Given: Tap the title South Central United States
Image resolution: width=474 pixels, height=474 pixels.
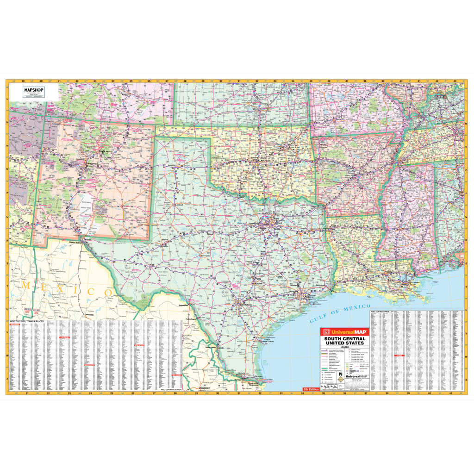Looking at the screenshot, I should pos(344,341).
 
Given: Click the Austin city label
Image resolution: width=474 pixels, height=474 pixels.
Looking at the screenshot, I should pos(258,283).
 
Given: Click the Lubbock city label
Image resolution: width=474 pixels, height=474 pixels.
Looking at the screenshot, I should pos(180,204).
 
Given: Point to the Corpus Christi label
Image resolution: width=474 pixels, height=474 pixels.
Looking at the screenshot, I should pos(268,341).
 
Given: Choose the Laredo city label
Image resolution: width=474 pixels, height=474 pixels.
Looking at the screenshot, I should pos(221,347).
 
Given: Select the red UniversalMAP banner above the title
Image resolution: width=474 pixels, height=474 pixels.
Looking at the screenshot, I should pos(344,332).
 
